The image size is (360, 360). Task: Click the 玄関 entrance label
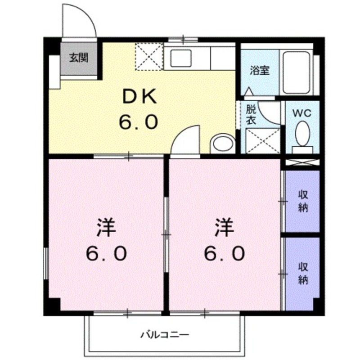coord(78,58)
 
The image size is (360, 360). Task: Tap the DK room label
coord(139,96)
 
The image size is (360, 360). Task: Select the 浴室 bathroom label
coord(260,71)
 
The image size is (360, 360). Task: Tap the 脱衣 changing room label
coord(251,114)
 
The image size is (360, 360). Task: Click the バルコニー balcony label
coord(165,334)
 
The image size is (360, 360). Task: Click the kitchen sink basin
coord(180,58)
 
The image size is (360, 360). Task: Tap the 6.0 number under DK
coord(139,121)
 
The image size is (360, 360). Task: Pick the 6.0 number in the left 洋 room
coord(107,255)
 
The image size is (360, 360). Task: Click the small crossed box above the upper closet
coord(302,162)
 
